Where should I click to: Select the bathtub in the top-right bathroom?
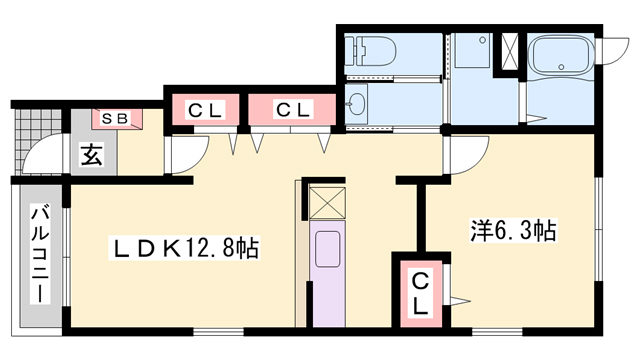click(561, 58)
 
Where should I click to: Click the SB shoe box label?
click(116, 119)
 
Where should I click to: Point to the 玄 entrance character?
click(91, 156)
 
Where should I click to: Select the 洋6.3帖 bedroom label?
click(513, 232)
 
